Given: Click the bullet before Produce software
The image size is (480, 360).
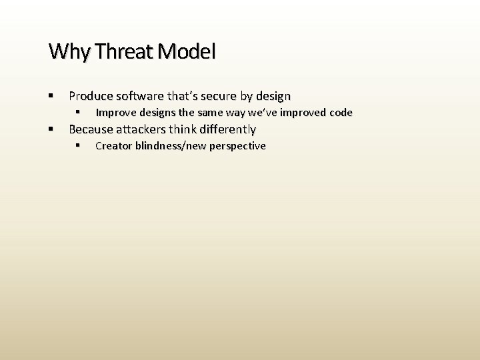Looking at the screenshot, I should pyautogui.click(x=51, y=96).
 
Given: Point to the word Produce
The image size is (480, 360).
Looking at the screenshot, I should pyautogui.click(x=91, y=96).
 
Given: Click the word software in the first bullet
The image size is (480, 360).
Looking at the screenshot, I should pyautogui.click(x=139, y=96).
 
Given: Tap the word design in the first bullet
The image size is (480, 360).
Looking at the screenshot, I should pyautogui.click(x=273, y=96).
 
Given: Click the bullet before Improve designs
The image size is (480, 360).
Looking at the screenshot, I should pyautogui.click(x=78, y=113).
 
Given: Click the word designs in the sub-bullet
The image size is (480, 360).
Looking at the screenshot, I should pyautogui.click(x=156, y=113).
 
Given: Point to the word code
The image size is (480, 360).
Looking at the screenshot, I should pyautogui.click(x=341, y=113).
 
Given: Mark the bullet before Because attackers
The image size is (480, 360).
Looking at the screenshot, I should pyautogui.click(x=51, y=129).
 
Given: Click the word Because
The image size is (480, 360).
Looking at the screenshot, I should pyautogui.click(x=91, y=129).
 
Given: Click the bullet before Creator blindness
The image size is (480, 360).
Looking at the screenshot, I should pyautogui.click(x=78, y=146).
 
